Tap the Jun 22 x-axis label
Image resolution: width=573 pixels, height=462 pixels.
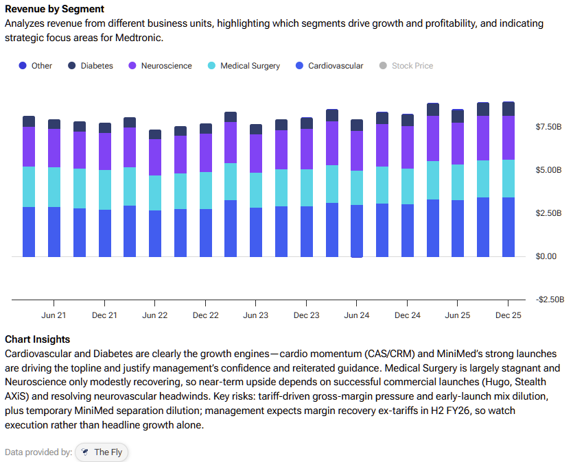155,315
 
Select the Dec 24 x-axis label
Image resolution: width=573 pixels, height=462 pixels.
408,315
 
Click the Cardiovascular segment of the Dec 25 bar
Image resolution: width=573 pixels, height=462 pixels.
508,227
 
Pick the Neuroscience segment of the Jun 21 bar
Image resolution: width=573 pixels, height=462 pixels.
54,148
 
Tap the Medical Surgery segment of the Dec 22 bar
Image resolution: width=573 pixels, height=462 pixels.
205,191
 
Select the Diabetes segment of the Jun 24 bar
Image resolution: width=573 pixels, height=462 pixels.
357,125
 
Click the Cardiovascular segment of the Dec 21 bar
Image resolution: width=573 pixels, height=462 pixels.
104,233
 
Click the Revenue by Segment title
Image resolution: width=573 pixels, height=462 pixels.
55,10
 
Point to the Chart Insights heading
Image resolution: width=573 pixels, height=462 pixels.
37,339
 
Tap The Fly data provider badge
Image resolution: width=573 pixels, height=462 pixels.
102,452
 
